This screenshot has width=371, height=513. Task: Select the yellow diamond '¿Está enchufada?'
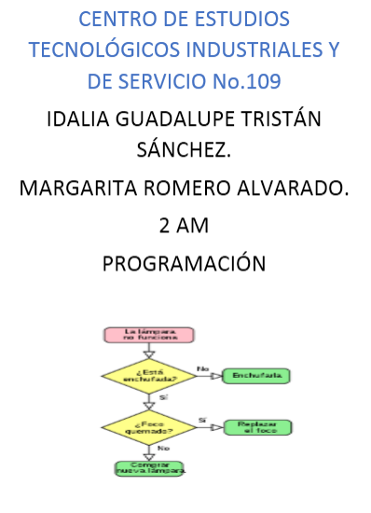click(147, 376)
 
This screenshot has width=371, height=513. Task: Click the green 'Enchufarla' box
click(256, 376)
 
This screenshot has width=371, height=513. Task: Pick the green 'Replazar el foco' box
click(257, 427)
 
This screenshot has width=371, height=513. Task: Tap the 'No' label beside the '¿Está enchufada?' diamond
click(202, 368)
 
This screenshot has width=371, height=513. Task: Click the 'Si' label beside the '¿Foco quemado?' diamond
click(201, 420)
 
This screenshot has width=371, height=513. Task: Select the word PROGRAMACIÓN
click(185, 264)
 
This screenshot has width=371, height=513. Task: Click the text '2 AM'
click(185, 226)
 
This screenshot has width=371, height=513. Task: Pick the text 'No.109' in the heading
click(246, 81)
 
